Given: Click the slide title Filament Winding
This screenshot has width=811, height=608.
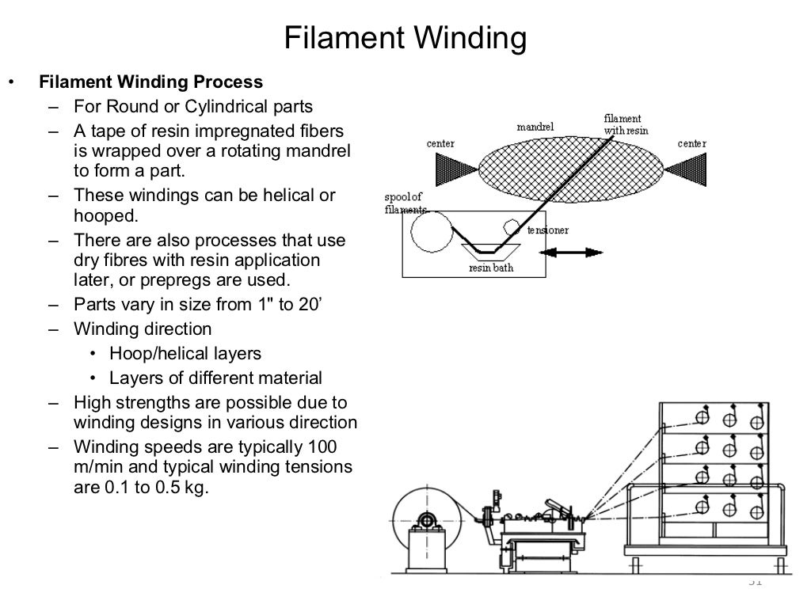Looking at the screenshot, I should click(405, 38).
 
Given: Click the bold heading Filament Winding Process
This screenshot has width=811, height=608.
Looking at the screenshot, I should click(151, 82).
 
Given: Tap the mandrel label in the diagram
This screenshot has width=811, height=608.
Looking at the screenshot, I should click(535, 127).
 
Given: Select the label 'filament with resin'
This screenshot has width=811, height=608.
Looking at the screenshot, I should click(623, 124).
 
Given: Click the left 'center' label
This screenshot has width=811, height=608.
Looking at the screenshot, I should click(440, 143).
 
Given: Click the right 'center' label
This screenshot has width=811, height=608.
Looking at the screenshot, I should click(692, 143).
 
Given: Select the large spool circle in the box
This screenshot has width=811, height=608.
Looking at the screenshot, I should click(428, 234).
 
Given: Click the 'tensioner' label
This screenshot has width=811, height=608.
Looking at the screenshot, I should click(547, 230).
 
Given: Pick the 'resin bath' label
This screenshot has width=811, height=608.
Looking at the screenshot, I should click(491, 268).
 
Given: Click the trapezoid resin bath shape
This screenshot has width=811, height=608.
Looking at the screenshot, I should click(491, 250).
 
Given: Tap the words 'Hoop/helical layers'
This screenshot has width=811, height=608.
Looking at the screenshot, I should click(185, 354).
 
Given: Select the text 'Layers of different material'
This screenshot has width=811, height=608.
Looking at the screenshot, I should click(215, 378).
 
